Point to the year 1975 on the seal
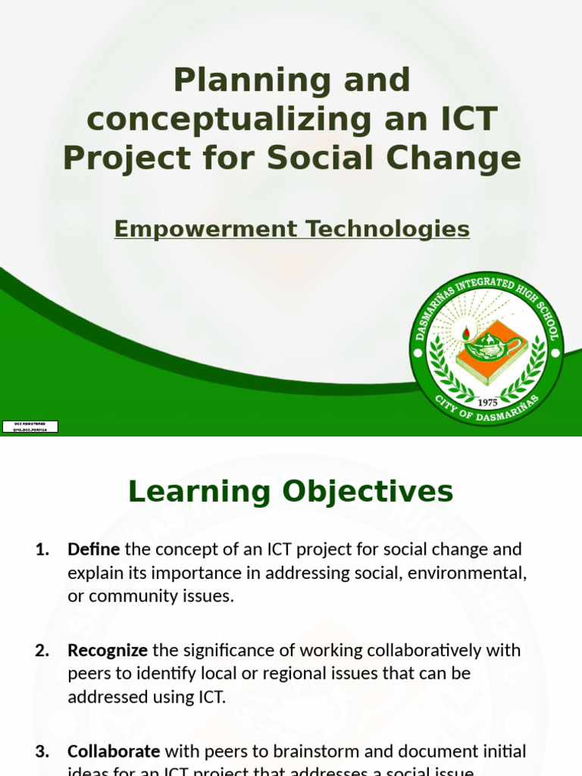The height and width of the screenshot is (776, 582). click(487, 402)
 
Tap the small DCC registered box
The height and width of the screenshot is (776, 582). click(30, 426)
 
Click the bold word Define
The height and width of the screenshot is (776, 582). click(94, 549)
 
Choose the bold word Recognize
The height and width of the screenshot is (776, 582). click(108, 649)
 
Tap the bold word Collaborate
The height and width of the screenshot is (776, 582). click(114, 751)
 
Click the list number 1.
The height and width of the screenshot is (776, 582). click(42, 549)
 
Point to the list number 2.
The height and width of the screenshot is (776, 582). click(42, 649)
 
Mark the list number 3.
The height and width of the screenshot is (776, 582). click(42, 751)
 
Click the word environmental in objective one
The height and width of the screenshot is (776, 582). click(467, 572)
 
